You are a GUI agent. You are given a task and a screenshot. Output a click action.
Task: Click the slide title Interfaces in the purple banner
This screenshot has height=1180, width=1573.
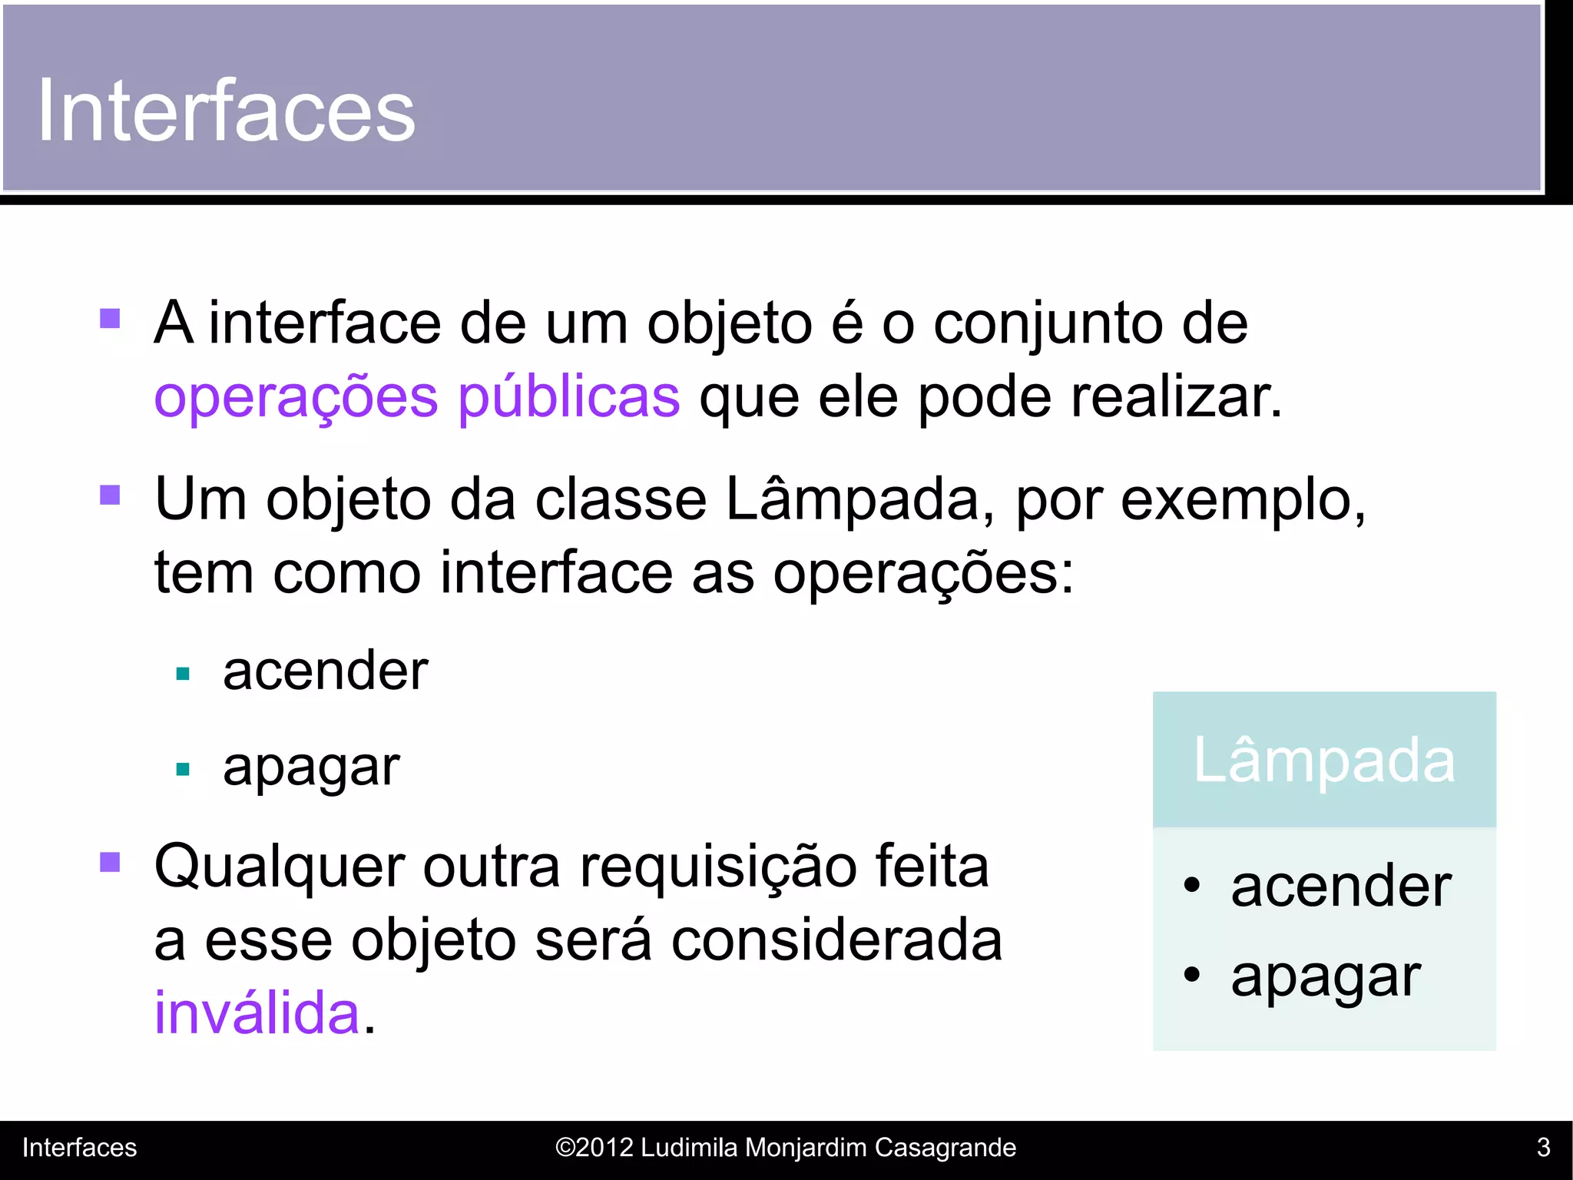click(x=226, y=111)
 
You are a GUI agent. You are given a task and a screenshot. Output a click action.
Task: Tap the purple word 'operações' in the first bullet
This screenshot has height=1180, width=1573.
click(x=296, y=398)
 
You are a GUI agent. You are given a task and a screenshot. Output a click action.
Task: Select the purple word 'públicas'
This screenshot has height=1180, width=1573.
click(x=568, y=398)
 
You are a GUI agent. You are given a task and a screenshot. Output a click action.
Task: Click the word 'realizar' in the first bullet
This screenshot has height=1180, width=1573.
click(x=1175, y=398)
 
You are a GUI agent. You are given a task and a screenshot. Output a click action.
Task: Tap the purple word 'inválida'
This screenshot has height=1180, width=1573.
click(x=257, y=1013)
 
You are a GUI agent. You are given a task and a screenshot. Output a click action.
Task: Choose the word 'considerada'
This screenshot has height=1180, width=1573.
click(x=836, y=940)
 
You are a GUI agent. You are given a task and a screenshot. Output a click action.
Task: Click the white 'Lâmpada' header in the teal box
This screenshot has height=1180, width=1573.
click(x=1324, y=761)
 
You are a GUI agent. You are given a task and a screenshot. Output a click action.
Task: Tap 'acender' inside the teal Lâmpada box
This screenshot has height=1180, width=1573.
click(x=1341, y=887)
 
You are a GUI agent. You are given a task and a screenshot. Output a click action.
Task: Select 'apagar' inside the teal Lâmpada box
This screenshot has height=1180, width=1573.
click(x=1326, y=977)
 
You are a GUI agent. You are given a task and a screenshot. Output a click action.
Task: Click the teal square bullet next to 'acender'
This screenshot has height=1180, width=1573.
click(x=183, y=675)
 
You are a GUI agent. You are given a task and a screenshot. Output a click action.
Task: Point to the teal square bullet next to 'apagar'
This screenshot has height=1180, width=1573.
click(x=183, y=769)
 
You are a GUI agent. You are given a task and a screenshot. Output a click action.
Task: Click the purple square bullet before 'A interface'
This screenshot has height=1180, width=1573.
click(x=111, y=318)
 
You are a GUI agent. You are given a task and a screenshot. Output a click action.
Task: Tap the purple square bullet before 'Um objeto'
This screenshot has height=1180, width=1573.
click(x=111, y=494)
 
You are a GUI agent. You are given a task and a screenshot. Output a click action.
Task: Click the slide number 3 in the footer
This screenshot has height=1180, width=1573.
click(x=1543, y=1148)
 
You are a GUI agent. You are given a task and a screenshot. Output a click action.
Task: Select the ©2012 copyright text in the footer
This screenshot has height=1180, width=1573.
click(x=785, y=1148)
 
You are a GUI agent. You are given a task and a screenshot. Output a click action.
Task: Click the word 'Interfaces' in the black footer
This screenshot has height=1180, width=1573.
click(x=79, y=1148)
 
